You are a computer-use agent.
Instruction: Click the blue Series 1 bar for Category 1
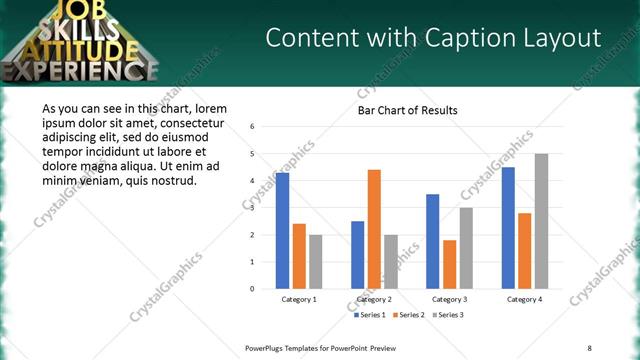[x=283, y=231]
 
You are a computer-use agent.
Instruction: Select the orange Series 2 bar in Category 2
[x=374, y=229]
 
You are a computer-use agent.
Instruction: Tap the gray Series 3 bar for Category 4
[x=541, y=221]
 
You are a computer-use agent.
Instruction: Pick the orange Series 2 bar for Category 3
[x=450, y=264]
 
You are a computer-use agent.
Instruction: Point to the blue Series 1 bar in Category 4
[x=508, y=228]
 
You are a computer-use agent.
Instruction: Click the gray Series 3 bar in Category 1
[x=316, y=262]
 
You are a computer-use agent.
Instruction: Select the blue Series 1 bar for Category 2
[x=358, y=255]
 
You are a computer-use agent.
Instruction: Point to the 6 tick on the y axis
[x=253, y=127]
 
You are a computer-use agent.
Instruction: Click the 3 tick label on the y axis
[x=253, y=208]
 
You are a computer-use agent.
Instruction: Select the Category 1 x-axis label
[x=299, y=299]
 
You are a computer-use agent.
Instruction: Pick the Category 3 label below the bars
[x=449, y=299]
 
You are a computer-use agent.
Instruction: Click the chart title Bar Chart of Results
[x=407, y=110]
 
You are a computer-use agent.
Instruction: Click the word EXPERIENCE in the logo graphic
[x=80, y=70]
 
